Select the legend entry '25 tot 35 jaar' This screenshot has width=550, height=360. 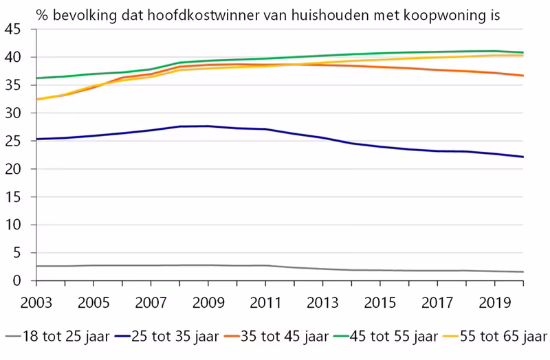169,337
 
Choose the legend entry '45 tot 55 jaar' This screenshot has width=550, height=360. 388,337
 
